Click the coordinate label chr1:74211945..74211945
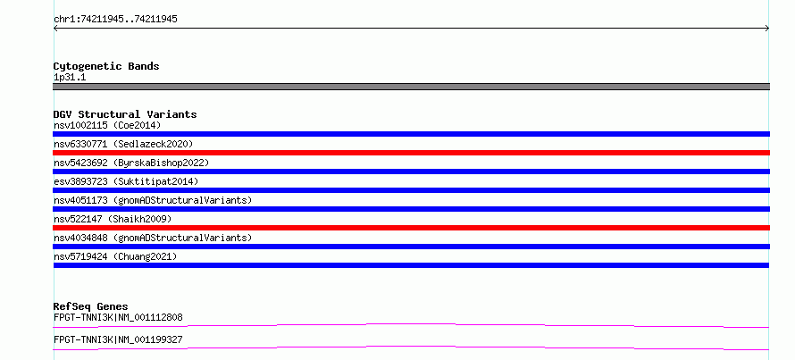115,20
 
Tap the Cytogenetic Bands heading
106,66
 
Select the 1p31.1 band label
70,78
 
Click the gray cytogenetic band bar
411,87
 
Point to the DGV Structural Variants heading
125,114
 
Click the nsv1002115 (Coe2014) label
107,125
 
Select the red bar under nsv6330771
411,153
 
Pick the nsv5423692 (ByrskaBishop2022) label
131,163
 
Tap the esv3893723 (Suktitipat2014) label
126,181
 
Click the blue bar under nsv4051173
411,209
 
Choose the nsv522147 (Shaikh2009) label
113,219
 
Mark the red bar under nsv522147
411,228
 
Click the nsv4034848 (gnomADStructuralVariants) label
153,238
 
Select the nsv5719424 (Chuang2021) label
115,256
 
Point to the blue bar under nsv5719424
411,265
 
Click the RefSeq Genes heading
91,306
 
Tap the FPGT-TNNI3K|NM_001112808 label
118,318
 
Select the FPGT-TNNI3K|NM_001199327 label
118,339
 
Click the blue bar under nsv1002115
411,134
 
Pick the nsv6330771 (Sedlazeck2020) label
123,144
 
